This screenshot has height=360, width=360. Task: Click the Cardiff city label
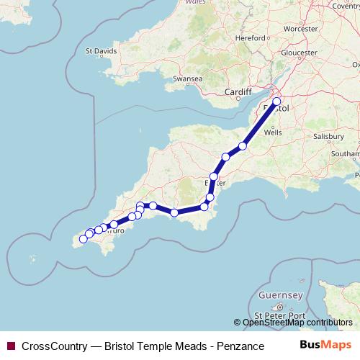[x=238, y=92]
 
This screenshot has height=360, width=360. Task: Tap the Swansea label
[x=187, y=78]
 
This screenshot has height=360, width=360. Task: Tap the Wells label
[x=273, y=133]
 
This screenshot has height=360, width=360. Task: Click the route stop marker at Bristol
[x=276, y=111]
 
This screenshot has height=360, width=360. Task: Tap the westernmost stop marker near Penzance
[x=83, y=239]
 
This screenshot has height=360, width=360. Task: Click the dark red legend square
[x=10, y=346]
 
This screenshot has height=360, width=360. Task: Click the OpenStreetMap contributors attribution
[x=297, y=323]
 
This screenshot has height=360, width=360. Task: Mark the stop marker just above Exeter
[x=214, y=176]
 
